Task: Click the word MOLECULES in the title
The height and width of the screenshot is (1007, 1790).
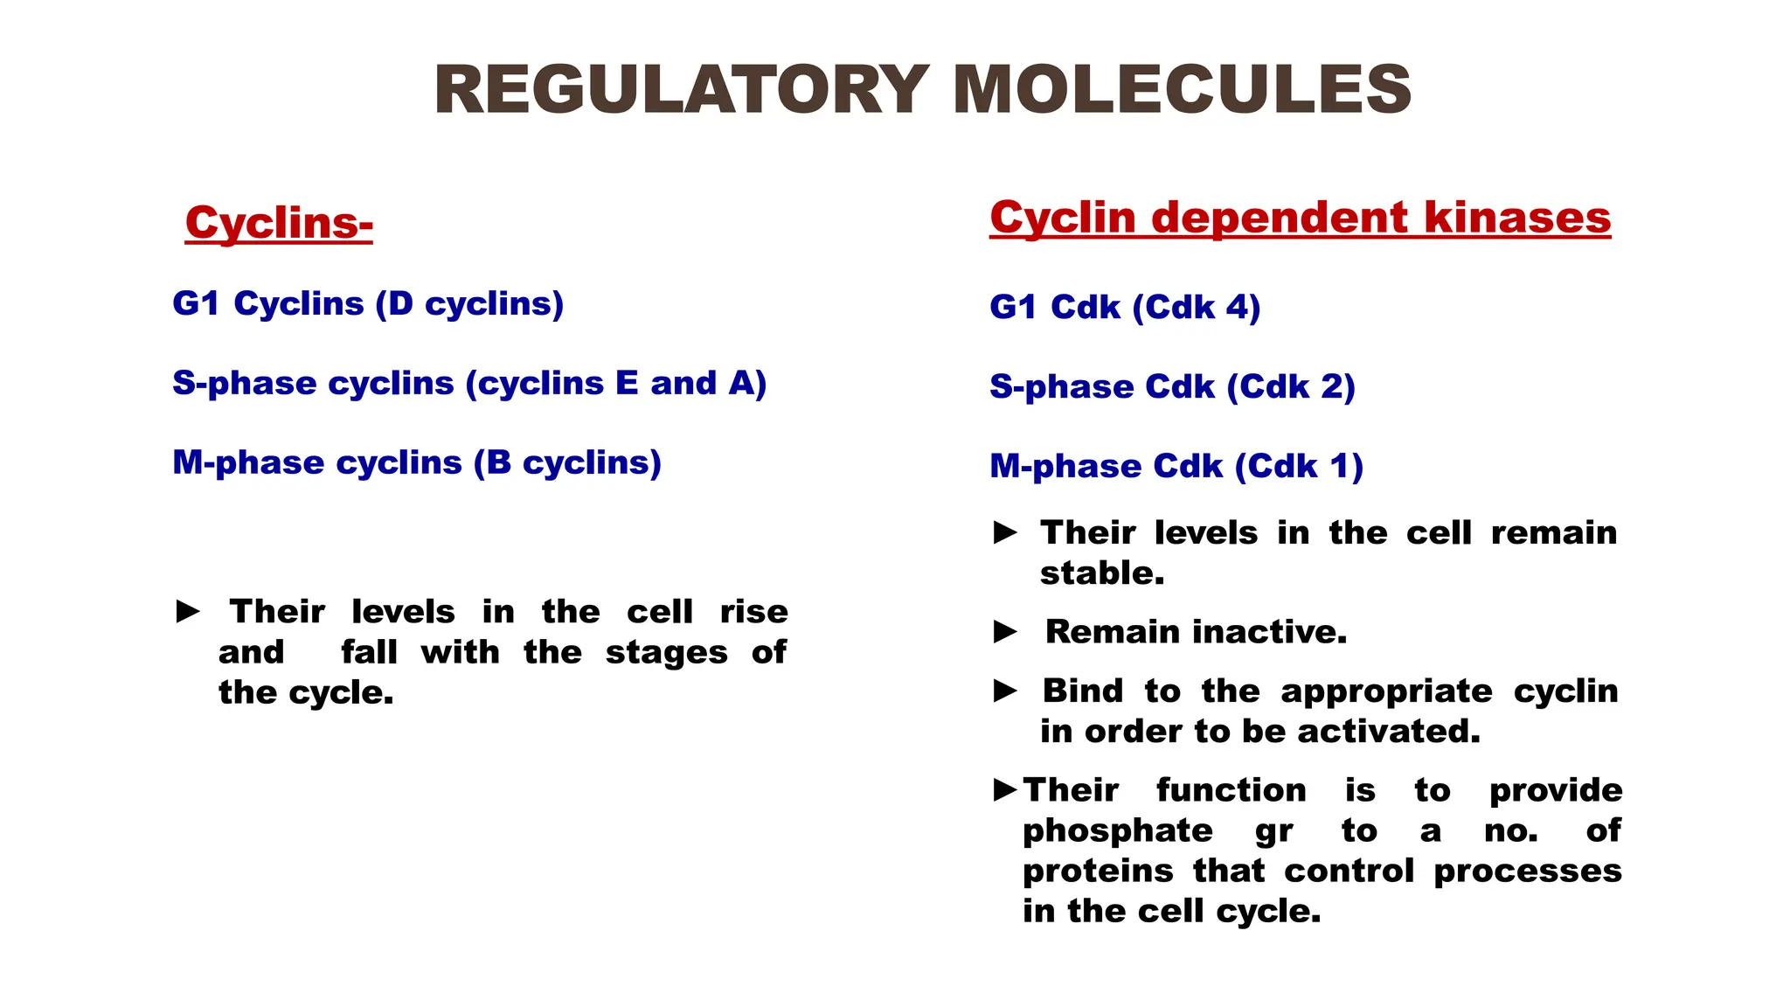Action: pyautogui.click(x=1182, y=90)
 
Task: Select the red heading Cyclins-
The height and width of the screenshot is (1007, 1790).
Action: pyautogui.click(x=279, y=222)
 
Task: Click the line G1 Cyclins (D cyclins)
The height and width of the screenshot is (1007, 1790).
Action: pyautogui.click(x=368, y=303)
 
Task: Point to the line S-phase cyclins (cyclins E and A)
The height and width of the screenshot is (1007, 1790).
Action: pyautogui.click(x=469, y=383)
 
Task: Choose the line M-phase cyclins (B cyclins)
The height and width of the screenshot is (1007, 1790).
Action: pyautogui.click(x=417, y=462)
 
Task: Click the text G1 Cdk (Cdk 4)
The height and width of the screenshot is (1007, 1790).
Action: pyautogui.click(x=1125, y=307)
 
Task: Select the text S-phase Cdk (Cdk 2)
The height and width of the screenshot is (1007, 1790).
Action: pyautogui.click(x=1172, y=386)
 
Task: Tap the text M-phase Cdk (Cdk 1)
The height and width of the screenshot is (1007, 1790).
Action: pyautogui.click(x=1176, y=466)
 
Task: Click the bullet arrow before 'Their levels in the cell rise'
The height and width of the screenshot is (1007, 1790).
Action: pyautogui.click(x=188, y=612)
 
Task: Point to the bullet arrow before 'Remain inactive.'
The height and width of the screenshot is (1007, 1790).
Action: pyautogui.click(x=1005, y=632)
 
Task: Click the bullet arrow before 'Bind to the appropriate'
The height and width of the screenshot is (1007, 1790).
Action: pyautogui.click(x=1005, y=691)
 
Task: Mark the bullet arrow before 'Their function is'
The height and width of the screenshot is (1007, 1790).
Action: pyautogui.click(x=1005, y=790)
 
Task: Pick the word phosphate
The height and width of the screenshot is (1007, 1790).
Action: pyautogui.click(x=1118, y=830)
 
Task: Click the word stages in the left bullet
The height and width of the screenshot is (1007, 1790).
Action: pyautogui.click(x=666, y=653)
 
